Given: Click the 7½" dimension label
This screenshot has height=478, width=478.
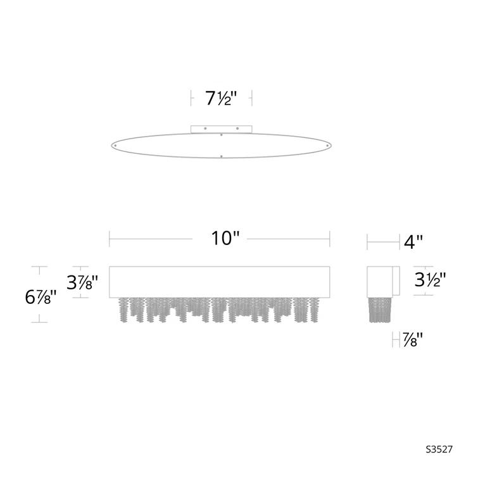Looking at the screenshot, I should pyautogui.click(x=221, y=98).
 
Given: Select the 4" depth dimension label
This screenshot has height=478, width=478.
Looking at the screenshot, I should pyautogui.click(x=413, y=241).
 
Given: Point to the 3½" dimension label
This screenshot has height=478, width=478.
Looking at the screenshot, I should pyautogui.click(x=431, y=279).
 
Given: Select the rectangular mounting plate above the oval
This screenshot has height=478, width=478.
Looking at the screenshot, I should pyautogui.click(x=221, y=129).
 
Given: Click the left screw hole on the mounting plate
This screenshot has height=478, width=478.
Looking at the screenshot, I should pyautogui.click(x=205, y=129).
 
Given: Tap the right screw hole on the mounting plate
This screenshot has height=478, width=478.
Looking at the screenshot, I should pyautogui.click(x=237, y=129).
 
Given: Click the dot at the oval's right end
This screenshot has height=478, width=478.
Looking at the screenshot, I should pyautogui.click(x=327, y=145).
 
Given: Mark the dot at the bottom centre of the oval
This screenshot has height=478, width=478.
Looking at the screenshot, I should pyautogui.click(x=221, y=155).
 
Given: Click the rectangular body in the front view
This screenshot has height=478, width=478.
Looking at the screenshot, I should pyautogui.click(x=220, y=281).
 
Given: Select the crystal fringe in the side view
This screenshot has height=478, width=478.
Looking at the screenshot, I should pyautogui.click(x=382, y=310).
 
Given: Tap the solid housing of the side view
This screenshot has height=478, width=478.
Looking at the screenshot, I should pyautogui.click(x=382, y=280).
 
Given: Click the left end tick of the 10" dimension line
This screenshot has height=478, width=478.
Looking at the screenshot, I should pyautogui.click(x=110, y=239).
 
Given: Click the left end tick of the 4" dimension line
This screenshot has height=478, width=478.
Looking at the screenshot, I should pyautogui.click(x=368, y=241).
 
